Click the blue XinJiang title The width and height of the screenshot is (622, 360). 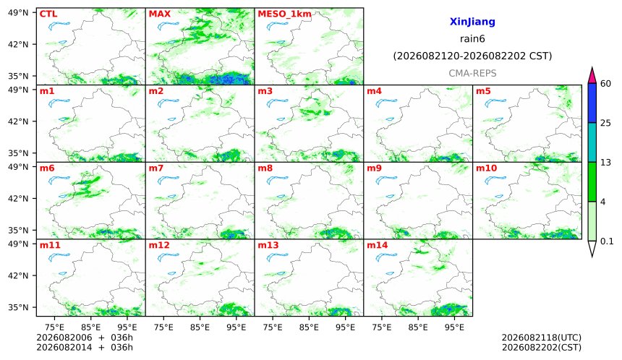coord(472,22)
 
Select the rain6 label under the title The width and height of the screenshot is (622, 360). coord(472,39)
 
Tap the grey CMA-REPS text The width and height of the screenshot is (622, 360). coord(472,73)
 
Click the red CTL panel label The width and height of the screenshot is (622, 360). coord(48,14)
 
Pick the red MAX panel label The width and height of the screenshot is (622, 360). coord(159,14)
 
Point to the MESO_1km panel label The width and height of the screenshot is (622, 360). coord(284,14)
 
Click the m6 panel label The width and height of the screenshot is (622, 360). coord(47,168)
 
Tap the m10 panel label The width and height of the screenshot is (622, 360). coord(486,168)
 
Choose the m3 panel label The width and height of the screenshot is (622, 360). coord(265,91)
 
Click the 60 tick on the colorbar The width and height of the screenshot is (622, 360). coord(606,84)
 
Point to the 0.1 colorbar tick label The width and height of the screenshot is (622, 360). coord(607,241)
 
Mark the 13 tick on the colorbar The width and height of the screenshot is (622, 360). coord(605,163)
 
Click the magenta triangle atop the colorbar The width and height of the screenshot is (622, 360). coord(592,76)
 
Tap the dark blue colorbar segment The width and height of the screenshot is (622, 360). coord(592,103)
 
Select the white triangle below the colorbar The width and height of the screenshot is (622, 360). coord(592,248)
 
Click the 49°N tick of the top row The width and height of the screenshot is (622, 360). coord(18,13)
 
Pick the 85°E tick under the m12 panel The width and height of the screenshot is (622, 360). coord(200,327)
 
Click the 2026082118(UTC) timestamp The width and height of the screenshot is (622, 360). coord(542,338)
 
